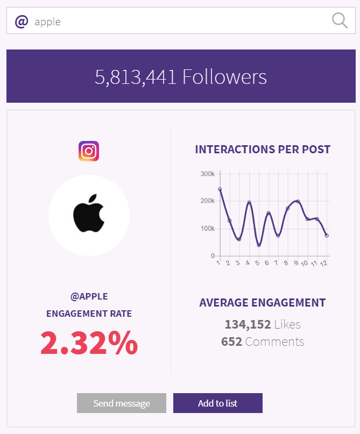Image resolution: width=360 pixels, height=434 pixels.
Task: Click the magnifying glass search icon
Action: point(340,21)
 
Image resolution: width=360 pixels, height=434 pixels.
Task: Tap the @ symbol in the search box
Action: point(21,22)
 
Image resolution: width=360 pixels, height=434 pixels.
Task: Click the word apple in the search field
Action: point(47,22)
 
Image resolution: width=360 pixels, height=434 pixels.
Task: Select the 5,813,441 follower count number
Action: point(136,77)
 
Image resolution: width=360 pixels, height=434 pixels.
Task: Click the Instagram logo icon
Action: point(89,151)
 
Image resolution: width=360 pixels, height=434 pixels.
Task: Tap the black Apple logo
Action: point(88,214)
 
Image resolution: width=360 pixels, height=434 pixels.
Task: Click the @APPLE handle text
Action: point(89,296)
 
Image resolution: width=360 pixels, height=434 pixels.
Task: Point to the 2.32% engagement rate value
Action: point(89,343)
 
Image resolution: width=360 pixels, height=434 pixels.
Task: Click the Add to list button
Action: point(217,403)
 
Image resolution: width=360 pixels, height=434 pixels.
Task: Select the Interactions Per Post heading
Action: point(263,150)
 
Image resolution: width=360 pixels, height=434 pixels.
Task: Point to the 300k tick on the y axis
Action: point(207,174)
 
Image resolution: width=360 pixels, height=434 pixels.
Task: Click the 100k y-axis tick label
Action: point(207,229)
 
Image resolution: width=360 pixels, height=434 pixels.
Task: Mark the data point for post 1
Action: point(220,189)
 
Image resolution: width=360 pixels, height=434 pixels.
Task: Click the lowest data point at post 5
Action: point(259,245)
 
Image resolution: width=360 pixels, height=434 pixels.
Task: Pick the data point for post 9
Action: point(298,202)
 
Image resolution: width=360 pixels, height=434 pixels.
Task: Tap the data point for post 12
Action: point(327,236)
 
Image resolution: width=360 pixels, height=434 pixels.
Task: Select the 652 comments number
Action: point(231,341)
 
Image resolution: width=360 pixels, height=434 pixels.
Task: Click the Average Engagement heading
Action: point(263,303)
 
